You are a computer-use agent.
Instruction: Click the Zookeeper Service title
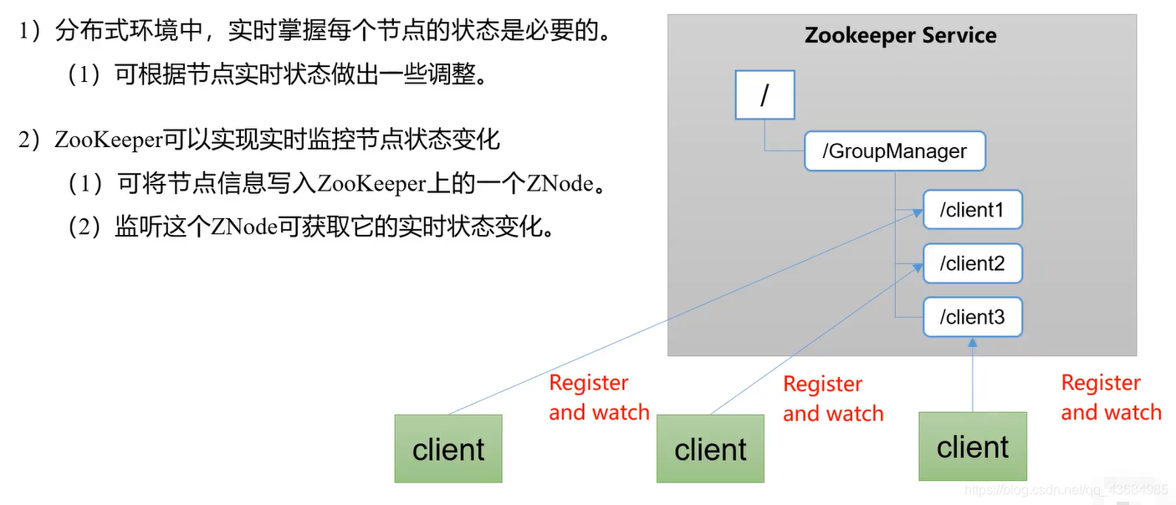click(x=900, y=36)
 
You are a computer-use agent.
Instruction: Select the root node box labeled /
click(x=764, y=95)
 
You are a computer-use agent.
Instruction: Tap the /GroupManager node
click(x=894, y=151)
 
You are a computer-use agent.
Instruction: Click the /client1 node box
click(x=972, y=210)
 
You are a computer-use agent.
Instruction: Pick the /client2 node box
click(x=972, y=264)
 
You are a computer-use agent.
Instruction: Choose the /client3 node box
click(x=972, y=318)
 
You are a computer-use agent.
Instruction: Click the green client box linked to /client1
click(x=448, y=449)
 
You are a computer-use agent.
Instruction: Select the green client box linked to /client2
click(x=710, y=450)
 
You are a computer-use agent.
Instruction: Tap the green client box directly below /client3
click(x=972, y=446)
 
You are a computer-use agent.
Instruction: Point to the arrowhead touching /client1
click(x=917, y=214)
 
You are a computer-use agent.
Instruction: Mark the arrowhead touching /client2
click(x=917, y=268)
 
